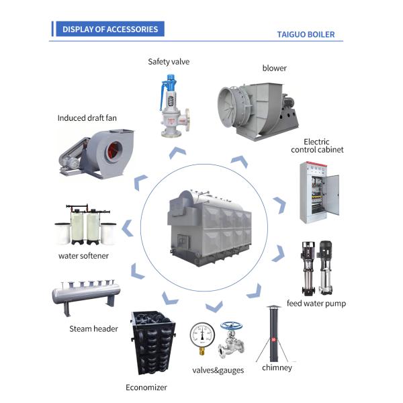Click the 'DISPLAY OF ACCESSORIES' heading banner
pyautogui.click(x=110, y=29)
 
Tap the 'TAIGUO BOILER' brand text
pyautogui.click(x=306, y=34)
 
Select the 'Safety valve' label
pyautogui.click(x=169, y=62)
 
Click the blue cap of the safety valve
pyautogui.click(x=171, y=79)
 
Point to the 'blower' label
pyautogui.click(x=274, y=68)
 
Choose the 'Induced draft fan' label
pyautogui.click(x=87, y=118)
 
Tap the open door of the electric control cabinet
pyautogui.click(x=332, y=195)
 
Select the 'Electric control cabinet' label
pyautogui.click(x=317, y=146)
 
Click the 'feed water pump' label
pyautogui.click(x=316, y=304)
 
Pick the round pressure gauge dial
pyautogui.click(x=202, y=335)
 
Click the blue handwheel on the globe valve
pyautogui.click(x=231, y=326)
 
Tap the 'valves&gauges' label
pyautogui.click(x=218, y=370)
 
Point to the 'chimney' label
pyautogui.click(x=277, y=367)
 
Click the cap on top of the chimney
pyautogui.click(x=273, y=307)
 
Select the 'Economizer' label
pyautogui.click(x=146, y=388)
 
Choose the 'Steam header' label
pyautogui.click(x=93, y=328)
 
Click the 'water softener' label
pyautogui.click(x=83, y=256)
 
